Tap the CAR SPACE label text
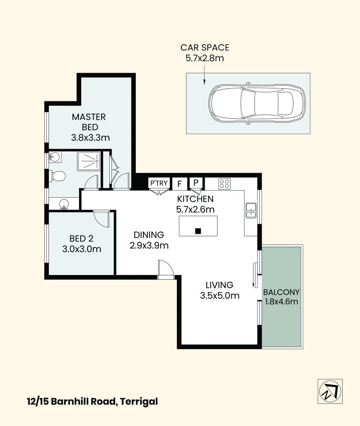[x=204, y=48]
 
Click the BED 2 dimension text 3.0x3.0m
[x=82, y=249]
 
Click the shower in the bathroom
[x=88, y=161]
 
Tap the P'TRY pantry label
[x=159, y=183]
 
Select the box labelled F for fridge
[x=179, y=183]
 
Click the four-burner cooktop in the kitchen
[x=224, y=183]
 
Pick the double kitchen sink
[x=251, y=210]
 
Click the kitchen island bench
[x=198, y=226]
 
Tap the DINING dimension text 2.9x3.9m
[x=149, y=246]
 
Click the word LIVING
[x=219, y=285]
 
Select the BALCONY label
[x=281, y=293]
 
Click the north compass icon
[x=330, y=391]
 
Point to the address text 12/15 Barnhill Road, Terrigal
[x=92, y=402]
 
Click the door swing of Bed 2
[x=102, y=218]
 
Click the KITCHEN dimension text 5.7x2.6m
[x=195, y=209]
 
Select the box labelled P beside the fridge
[x=196, y=183]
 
